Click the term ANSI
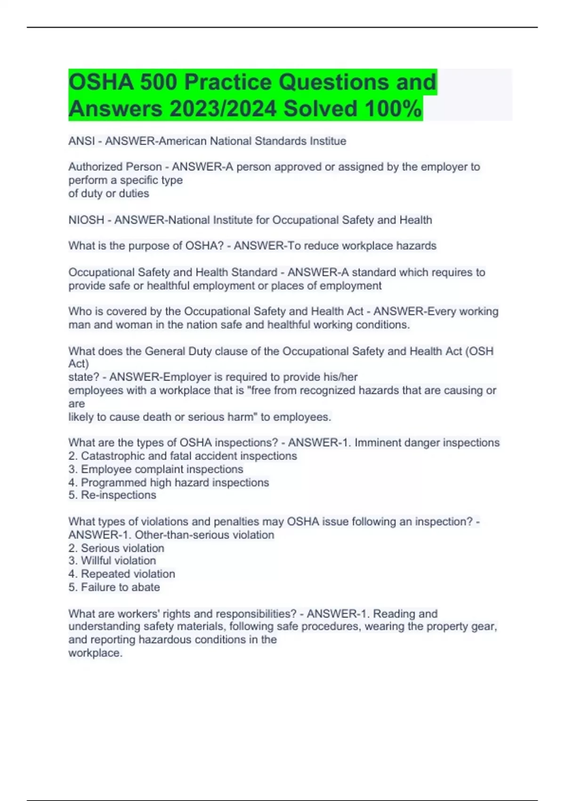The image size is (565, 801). [81, 141]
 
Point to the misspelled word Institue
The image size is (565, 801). [328, 141]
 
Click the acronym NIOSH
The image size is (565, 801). [86, 220]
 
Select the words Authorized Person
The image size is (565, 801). [115, 167]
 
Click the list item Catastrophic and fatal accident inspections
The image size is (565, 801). [188, 456]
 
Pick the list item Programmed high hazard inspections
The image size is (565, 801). [174, 482]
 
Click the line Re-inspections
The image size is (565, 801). [118, 495]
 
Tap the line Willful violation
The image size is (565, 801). [118, 561]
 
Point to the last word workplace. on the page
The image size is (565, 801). [95, 653]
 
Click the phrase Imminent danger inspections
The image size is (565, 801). [427, 443]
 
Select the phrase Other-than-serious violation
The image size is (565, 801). [204, 535]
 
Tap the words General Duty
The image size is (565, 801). [165, 351]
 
